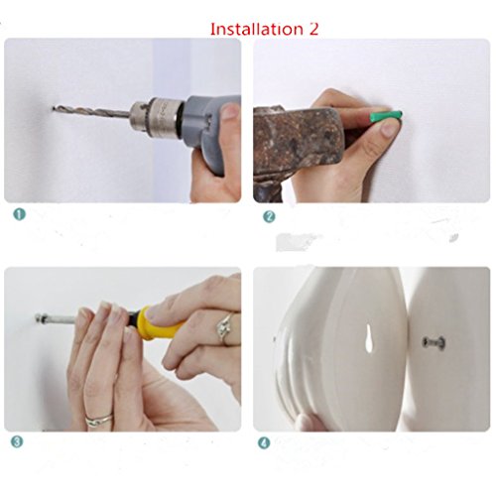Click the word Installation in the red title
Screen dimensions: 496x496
(x=257, y=29)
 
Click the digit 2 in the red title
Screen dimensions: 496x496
(x=313, y=29)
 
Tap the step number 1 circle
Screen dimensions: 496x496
(x=20, y=214)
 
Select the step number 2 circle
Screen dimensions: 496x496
(x=269, y=216)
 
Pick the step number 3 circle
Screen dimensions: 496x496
(x=17, y=441)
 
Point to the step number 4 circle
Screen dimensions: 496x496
(x=264, y=442)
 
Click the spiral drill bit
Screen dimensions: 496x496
(x=91, y=111)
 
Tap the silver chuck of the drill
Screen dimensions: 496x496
(x=156, y=114)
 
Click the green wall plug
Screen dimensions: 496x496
(x=386, y=117)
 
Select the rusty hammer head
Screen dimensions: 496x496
(x=300, y=139)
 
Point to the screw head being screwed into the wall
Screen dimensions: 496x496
(x=40, y=319)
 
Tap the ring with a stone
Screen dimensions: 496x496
(x=226, y=327)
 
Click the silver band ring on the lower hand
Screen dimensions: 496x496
(x=99, y=420)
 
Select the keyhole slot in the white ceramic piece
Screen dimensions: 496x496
(x=370, y=337)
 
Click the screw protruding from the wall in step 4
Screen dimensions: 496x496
(x=434, y=342)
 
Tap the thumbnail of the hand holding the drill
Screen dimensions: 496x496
(x=230, y=112)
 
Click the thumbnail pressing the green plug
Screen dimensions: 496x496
(x=389, y=128)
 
